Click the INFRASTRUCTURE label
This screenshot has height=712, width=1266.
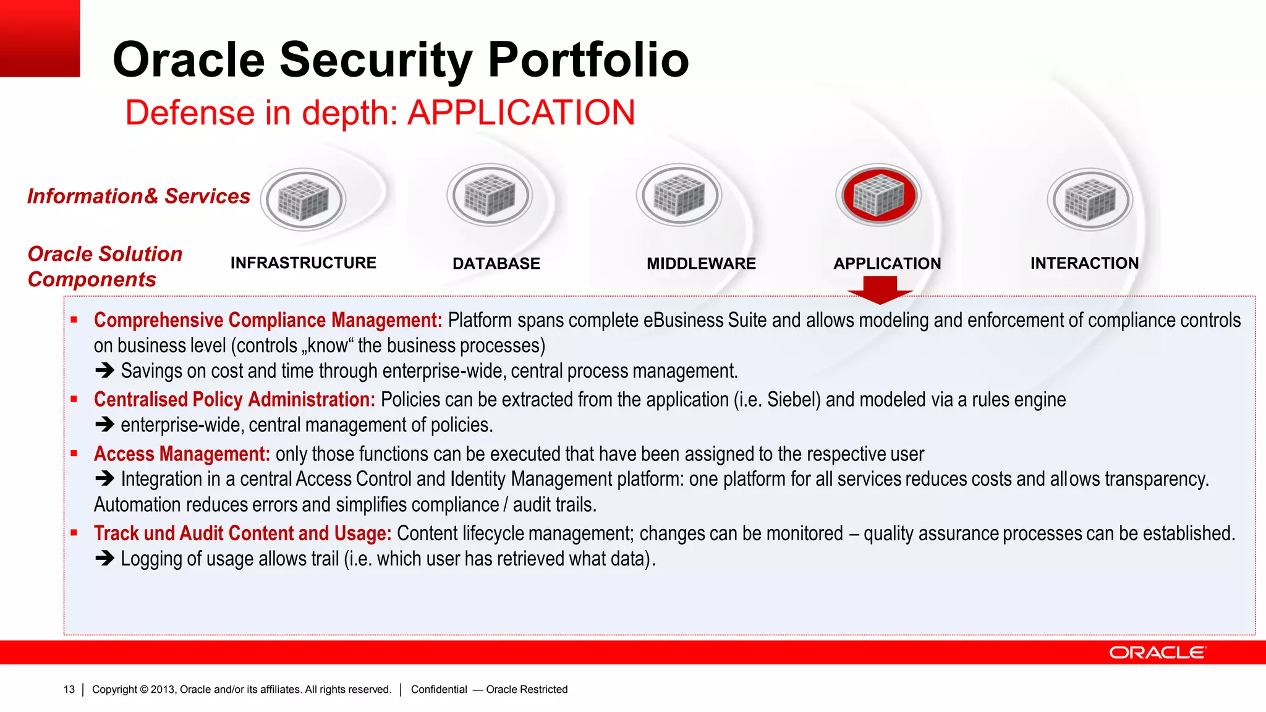(x=303, y=263)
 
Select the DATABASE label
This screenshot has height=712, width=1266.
(x=496, y=264)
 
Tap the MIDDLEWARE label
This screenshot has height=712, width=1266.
(x=701, y=264)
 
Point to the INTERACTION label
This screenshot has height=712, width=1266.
(x=1084, y=263)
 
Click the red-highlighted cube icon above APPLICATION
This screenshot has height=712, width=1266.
(x=878, y=195)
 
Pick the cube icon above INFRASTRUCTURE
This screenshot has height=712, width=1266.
(x=303, y=199)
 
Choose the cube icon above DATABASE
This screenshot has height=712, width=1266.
(x=490, y=195)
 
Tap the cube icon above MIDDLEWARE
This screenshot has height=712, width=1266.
(x=679, y=195)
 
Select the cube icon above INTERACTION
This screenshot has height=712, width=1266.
(x=1090, y=199)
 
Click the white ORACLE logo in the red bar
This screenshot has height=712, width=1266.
(x=1157, y=653)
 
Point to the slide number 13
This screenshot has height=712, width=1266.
(x=69, y=690)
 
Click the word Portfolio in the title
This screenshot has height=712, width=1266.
(x=588, y=60)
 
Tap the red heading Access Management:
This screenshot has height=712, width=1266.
(x=182, y=454)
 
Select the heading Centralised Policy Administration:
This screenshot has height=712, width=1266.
(x=234, y=400)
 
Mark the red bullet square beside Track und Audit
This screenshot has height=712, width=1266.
(x=74, y=532)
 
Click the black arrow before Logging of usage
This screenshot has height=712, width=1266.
(x=104, y=559)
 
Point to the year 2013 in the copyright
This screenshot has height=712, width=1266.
(x=163, y=690)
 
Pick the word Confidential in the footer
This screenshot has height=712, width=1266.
(x=439, y=690)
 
